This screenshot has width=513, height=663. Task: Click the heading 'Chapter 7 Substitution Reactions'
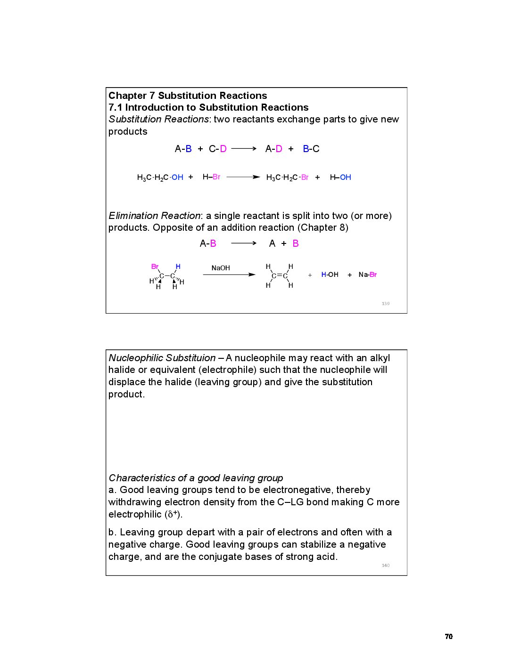188,96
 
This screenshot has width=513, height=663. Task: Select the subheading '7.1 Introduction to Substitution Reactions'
208,107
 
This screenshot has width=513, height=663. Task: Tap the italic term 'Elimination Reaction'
154,216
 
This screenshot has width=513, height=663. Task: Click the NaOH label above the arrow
221,268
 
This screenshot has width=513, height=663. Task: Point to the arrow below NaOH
229,275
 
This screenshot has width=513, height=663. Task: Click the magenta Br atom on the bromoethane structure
155,267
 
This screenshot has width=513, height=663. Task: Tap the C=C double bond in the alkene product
280,275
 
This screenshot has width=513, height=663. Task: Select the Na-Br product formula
367,275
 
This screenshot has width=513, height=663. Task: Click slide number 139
386,304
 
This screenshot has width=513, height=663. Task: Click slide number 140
386,566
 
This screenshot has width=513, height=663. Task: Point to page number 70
448,637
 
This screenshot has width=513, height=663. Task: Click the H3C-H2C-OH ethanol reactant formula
160,178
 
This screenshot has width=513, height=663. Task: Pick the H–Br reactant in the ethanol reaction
211,177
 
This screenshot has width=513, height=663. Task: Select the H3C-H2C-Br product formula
287,178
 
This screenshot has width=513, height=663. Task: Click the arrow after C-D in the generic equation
244,149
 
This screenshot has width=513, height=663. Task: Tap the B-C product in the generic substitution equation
311,149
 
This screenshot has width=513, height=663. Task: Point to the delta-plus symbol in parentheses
173,514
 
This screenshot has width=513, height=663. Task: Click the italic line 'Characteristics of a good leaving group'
196,478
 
